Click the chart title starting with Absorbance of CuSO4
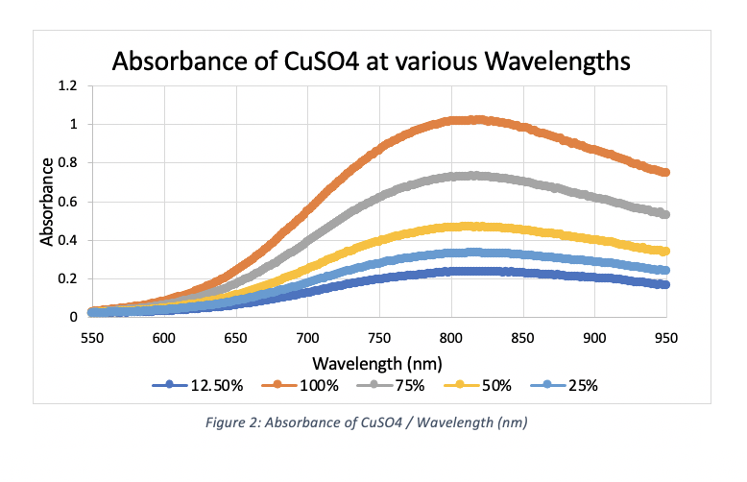[x=371, y=60]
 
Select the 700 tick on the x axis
[x=307, y=337]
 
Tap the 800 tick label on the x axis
[x=451, y=337]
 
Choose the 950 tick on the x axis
[x=666, y=337]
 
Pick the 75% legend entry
[x=402, y=386]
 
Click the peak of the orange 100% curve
[x=475, y=120]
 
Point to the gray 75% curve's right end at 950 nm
[x=665, y=214]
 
